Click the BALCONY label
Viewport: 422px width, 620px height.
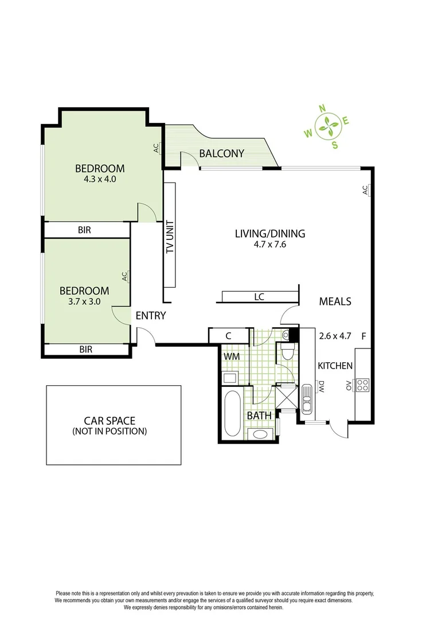click(x=222, y=154)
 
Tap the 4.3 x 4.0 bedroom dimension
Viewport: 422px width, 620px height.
click(x=100, y=179)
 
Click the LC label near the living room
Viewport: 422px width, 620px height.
click(x=259, y=297)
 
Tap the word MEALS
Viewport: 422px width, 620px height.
click(x=335, y=301)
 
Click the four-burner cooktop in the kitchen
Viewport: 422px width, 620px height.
click(x=362, y=385)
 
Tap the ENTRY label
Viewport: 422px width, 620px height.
click(x=151, y=315)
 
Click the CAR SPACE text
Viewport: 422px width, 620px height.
click(x=110, y=421)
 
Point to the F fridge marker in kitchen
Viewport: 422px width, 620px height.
click(x=364, y=336)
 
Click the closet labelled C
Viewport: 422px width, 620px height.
click(x=228, y=335)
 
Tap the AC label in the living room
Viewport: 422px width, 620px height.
click(x=365, y=191)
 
